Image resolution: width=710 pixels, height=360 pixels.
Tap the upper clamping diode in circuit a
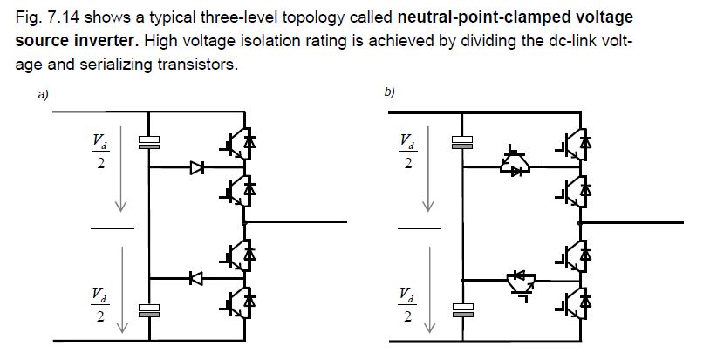[x=196, y=168]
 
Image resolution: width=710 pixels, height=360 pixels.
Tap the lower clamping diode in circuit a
[x=196, y=278]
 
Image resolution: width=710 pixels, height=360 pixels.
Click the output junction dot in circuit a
[x=249, y=223]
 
